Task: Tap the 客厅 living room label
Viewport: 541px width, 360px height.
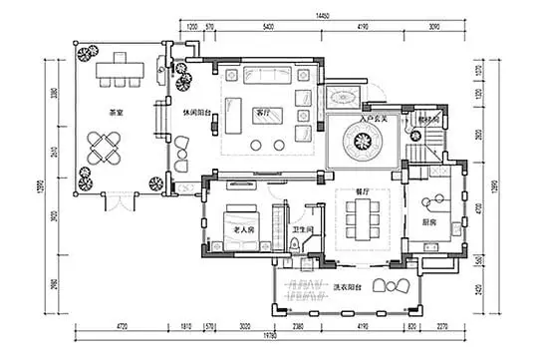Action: tap(263, 112)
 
